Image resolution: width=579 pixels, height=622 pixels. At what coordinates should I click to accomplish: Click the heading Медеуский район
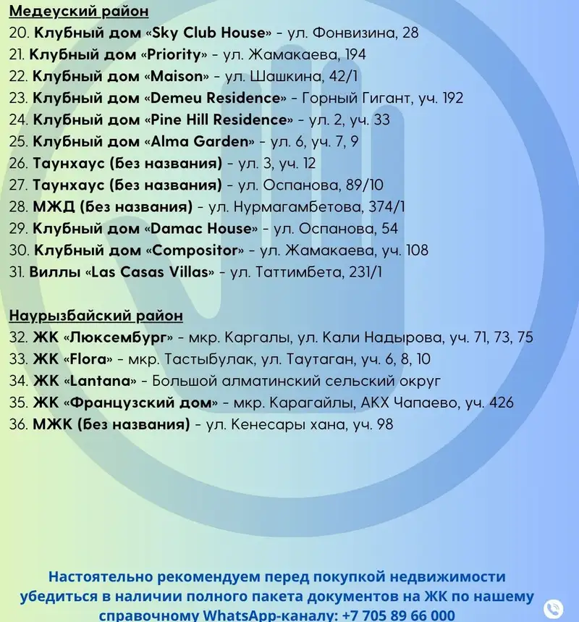point(79,12)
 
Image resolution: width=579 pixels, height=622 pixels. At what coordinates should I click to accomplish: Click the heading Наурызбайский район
point(96,316)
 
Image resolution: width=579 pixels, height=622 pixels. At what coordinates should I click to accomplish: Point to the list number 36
point(18,424)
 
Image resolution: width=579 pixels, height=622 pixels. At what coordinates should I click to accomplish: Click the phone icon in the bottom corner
point(553,608)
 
